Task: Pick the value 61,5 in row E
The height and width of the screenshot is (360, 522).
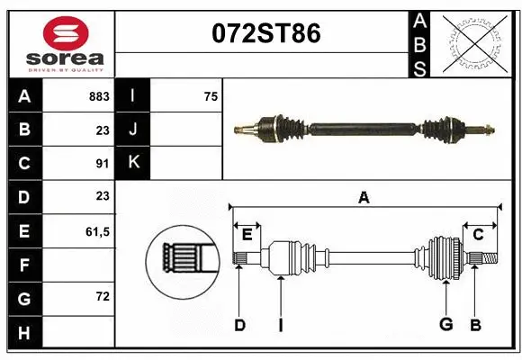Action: tap(97, 231)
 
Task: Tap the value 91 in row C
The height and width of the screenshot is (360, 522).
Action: tap(102, 163)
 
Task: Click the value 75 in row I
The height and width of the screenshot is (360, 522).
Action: tap(211, 95)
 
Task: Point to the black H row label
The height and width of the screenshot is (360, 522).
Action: tap(23, 333)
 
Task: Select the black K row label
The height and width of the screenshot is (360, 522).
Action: tap(134, 163)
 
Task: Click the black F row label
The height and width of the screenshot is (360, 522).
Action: tap(23, 265)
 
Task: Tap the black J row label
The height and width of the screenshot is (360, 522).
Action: tap(134, 129)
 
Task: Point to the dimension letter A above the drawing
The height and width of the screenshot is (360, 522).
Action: tap(364, 197)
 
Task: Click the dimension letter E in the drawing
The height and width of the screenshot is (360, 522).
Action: tap(247, 235)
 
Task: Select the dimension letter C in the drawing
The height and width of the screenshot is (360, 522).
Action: tap(478, 235)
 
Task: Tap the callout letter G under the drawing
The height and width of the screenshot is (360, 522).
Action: tap(445, 325)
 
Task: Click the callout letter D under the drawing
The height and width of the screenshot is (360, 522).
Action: tap(239, 325)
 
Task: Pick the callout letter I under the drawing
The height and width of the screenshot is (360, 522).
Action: tap(280, 325)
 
